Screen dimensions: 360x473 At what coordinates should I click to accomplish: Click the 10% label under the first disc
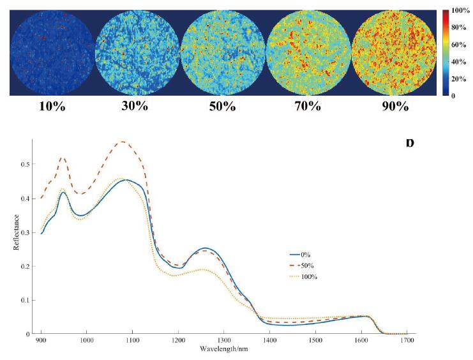point(52,107)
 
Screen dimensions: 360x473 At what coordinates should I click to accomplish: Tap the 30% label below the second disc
point(135,107)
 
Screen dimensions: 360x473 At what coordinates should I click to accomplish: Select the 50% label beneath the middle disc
point(222,107)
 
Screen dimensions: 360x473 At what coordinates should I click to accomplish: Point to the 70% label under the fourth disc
point(307,107)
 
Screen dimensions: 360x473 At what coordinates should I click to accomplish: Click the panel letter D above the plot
point(409,142)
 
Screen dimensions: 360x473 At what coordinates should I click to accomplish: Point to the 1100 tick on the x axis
point(132,340)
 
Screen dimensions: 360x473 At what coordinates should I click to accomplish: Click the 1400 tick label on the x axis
point(270,340)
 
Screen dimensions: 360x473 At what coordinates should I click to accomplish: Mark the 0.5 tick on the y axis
point(26,165)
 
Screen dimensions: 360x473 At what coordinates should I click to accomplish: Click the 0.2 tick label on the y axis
point(26,266)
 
